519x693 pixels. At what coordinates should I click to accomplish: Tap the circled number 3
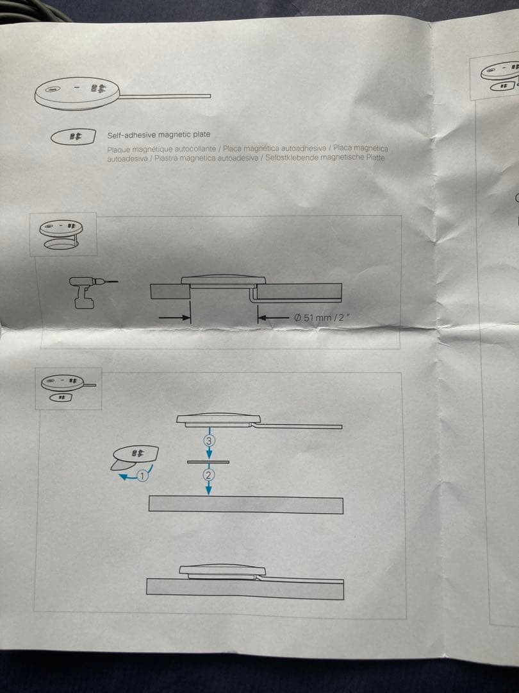209,441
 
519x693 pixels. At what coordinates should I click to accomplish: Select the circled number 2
208,475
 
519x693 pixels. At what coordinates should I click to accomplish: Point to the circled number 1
142,475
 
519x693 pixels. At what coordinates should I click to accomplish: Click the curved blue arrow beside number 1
125,477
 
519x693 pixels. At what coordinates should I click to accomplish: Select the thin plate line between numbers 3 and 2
208,461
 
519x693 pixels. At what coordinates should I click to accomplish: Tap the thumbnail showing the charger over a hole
63,234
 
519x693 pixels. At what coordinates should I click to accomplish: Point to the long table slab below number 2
245,504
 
